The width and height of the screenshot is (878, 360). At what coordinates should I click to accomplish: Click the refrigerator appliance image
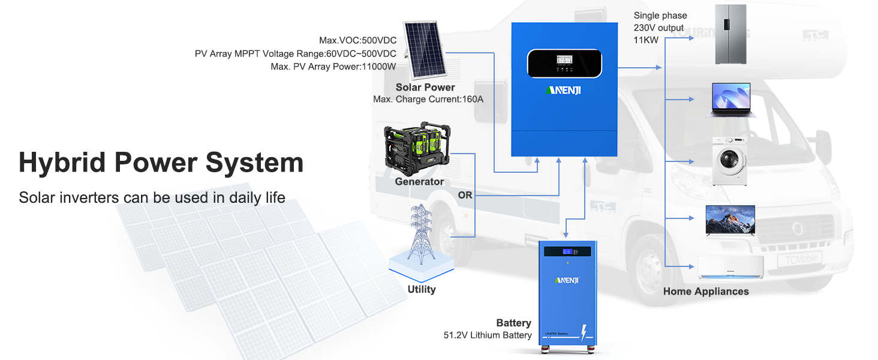coord(730,34)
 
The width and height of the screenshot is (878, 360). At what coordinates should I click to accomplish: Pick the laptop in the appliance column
coord(730,100)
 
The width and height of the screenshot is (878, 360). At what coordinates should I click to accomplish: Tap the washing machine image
coord(729,161)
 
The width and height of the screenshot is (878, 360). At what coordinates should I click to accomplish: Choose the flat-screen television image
coord(730,220)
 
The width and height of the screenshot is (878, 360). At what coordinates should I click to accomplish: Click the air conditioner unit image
coord(730,267)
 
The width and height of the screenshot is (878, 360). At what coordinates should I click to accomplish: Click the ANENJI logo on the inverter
coord(564,91)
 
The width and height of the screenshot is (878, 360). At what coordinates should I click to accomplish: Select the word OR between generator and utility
coord(465,195)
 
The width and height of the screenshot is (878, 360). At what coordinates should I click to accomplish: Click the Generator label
coord(419,182)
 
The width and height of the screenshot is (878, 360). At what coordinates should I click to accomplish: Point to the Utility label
coord(421,290)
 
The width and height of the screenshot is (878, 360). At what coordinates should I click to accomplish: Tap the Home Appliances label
coord(706,292)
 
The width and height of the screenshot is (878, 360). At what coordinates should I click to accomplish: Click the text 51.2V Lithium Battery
coord(488,335)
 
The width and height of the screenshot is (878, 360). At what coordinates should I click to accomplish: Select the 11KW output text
coord(646,40)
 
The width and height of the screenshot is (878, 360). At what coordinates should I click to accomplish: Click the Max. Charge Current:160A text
coord(428,99)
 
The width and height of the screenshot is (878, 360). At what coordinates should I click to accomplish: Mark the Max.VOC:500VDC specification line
coord(357,41)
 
